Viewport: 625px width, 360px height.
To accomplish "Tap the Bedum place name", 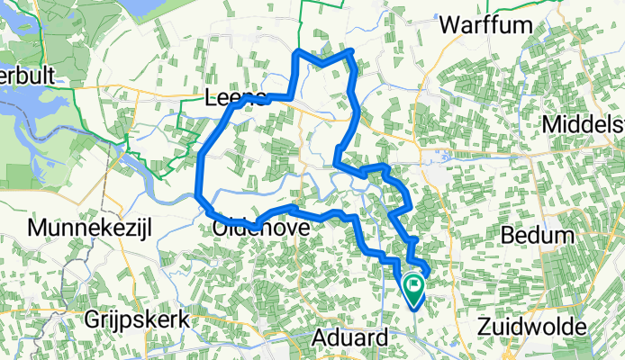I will click(538, 236).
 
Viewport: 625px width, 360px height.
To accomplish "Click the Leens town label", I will click(236, 97).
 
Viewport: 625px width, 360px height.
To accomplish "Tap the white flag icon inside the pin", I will click(414, 287).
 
